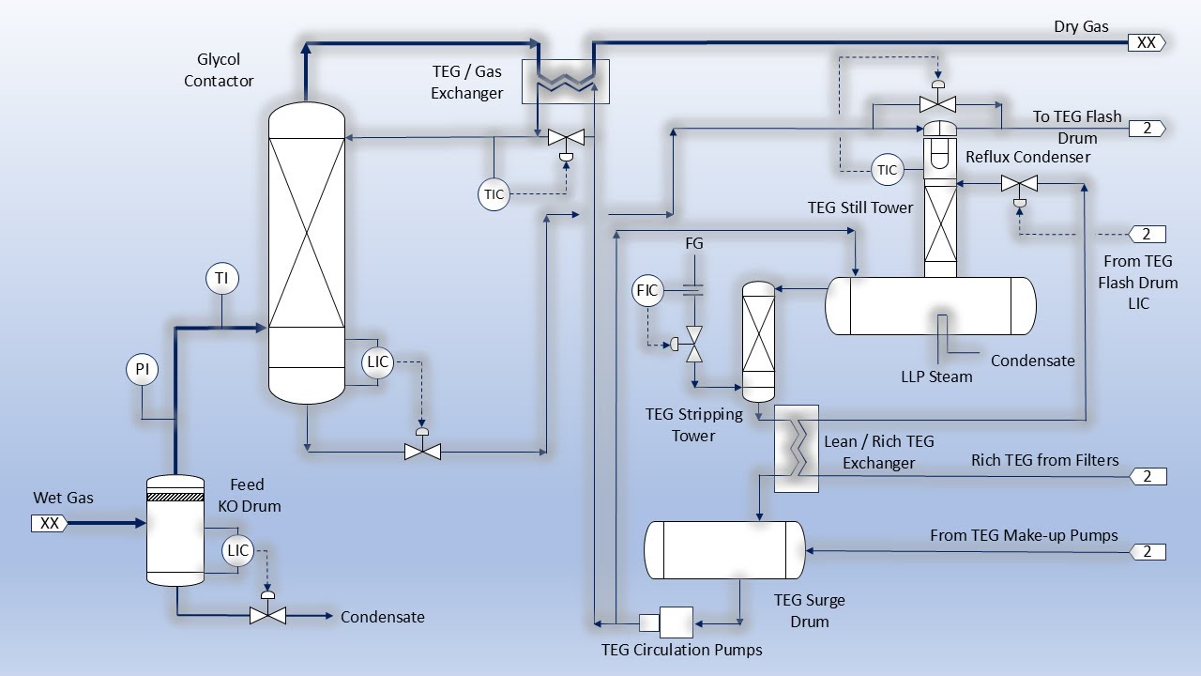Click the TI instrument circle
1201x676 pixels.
click(222, 279)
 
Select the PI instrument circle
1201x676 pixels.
click(142, 369)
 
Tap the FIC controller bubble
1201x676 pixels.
click(647, 290)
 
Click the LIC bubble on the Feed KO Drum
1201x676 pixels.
click(237, 550)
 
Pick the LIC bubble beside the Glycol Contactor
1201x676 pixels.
click(377, 362)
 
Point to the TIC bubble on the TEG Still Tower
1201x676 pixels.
click(887, 170)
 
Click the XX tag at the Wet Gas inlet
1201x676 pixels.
click(50, 523)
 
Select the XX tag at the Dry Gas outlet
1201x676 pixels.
click(1147, 42)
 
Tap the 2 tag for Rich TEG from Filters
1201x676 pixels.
click(1148, 476)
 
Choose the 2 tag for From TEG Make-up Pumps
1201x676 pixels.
click(1148, 551)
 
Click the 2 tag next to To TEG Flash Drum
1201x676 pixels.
click(1148, 129)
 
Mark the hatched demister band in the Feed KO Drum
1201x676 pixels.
click(175, 497)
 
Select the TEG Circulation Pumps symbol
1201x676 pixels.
click(666, 622)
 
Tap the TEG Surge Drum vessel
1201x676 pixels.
click(724, 550)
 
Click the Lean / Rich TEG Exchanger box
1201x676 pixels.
click(797, 449)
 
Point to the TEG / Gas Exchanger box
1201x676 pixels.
click(566, 82)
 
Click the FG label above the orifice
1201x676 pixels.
click(693, 243)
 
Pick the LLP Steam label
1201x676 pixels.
click(936, 376)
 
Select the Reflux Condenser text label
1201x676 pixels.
click(1027, 157)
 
